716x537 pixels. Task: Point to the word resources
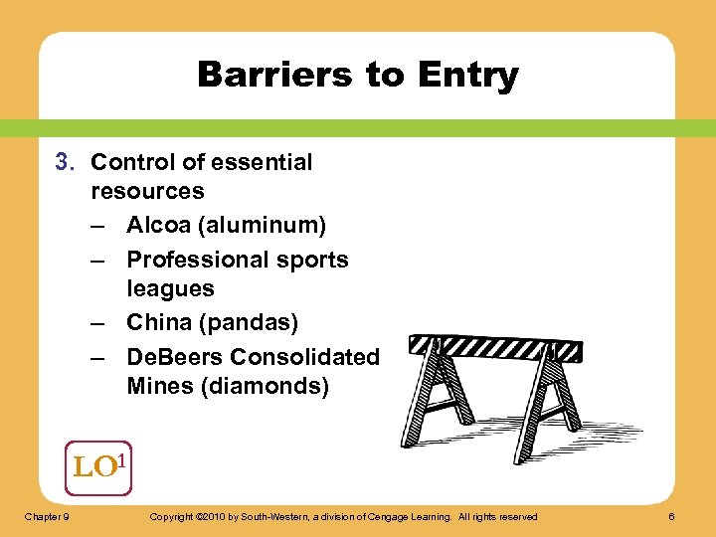[147, 191]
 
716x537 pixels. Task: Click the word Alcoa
[159, 226]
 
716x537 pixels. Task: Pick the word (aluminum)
[262, 226]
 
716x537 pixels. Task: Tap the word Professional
[198, 260]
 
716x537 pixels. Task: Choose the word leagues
[170, 288]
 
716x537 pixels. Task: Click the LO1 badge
[97, 466]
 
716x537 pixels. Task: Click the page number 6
[672, 516]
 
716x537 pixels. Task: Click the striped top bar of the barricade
[494, 346]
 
